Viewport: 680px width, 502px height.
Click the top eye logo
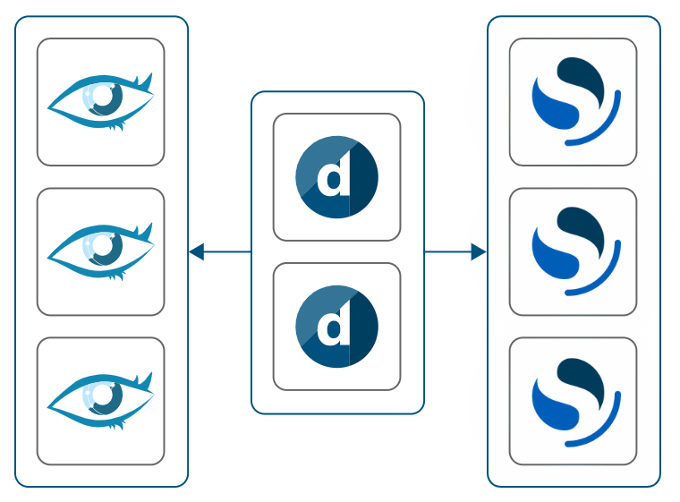tap(100, 101)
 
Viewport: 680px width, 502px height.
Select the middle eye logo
tap(100, 251)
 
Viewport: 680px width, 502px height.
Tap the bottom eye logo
tap(100, 401)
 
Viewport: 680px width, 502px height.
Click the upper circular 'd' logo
tap(336, 177)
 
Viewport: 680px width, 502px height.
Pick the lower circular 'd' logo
tap(336, 327)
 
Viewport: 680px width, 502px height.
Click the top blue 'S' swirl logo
tap(574, 101)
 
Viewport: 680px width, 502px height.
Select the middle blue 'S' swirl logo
tap(574, 251)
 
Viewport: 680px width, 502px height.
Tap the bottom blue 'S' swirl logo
tap(574, 401)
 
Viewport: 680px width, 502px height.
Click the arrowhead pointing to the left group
tap(196, 252)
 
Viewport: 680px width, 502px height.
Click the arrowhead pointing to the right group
tap(479, 252)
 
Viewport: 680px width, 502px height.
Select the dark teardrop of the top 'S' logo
tap(582, 79)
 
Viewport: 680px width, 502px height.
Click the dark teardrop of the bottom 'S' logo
tap(582, 379)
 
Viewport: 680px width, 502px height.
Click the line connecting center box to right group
tap(447, 252)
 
